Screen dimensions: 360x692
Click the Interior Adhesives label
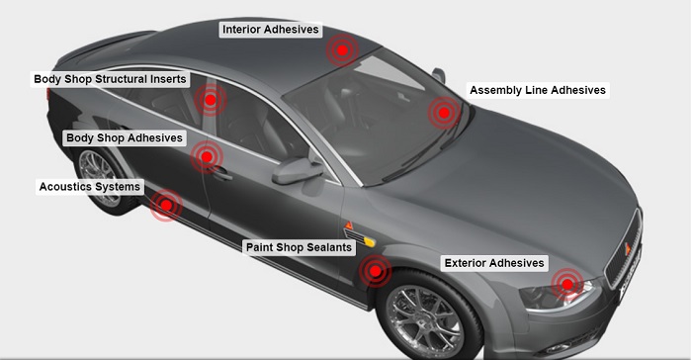tap(271, 30)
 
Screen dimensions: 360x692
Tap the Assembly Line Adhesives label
tap(537, 90)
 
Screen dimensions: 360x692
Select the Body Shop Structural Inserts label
tap(110, 79)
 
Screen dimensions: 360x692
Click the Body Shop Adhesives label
tap(124, 138)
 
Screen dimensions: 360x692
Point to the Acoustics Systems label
tap(89, 186)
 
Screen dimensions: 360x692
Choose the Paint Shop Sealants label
tap(299, 247)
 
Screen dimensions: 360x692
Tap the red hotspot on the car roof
tap(342, 49)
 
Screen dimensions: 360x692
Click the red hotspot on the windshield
tap(444, 113)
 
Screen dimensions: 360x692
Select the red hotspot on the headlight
tap(566, 285)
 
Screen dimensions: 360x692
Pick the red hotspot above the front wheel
tap(375, 270)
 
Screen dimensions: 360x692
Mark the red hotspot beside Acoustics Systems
tap(167, 205)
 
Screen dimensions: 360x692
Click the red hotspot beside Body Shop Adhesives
tap(206, 155)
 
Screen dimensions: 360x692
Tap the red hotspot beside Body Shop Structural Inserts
tap(210, 99)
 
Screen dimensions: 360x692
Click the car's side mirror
tap(295, 170)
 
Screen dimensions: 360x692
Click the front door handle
tap(223, 174)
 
